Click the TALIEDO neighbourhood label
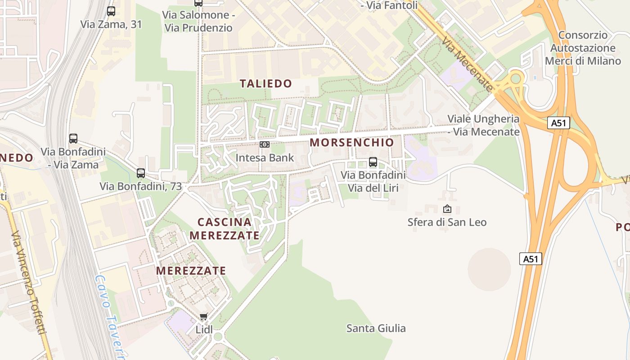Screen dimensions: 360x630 point(266,83)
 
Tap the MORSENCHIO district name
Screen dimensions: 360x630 point(352,143)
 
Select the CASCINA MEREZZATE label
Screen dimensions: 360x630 point(225,228)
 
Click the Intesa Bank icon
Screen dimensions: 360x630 point(265,144)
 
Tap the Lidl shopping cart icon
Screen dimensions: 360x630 point(204,317)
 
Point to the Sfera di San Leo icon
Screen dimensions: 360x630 point(447,209)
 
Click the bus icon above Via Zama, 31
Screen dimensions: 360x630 point(111,11)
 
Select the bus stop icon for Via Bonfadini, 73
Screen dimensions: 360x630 point(141,173)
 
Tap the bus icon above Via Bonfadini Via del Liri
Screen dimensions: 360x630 point(373,162)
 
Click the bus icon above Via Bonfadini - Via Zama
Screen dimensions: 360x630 point(73,139)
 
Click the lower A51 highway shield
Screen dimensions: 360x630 point(531,259)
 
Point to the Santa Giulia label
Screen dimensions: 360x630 point(376,328)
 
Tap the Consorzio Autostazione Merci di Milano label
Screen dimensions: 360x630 point(583,48)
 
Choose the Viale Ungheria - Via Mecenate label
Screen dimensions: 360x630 point(483,125)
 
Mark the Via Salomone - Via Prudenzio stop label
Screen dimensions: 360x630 point(198,21)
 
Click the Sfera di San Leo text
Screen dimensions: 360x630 point(447,222)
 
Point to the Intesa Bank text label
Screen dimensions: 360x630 point(265,157)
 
